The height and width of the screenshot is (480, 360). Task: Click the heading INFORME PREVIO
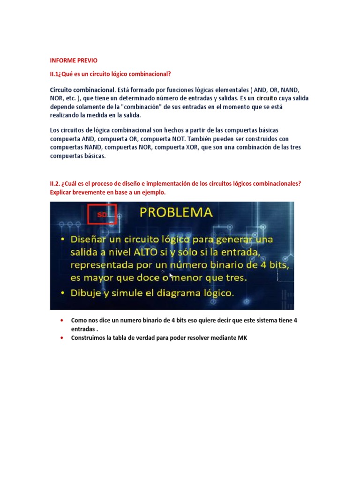click(74, 60)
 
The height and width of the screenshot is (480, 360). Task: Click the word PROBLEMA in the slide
click(176, 212)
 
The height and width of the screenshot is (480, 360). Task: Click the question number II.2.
click(57, 184)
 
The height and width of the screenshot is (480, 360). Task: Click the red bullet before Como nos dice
click(62, 320)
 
